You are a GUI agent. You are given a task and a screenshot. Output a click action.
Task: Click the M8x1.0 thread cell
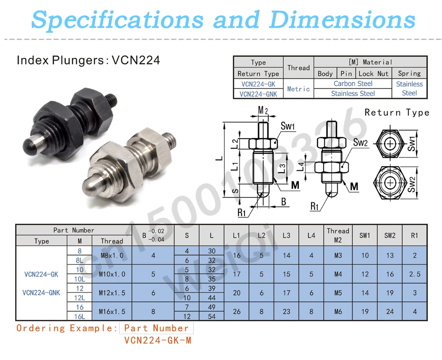point(112,255)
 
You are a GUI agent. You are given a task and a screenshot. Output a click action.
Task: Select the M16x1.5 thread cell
point(112,311)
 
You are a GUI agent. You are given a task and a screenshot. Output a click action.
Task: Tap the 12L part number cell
point(80,298)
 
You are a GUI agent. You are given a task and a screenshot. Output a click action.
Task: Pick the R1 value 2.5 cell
point(415,274)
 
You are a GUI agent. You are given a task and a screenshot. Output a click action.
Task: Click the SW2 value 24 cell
point(390,311)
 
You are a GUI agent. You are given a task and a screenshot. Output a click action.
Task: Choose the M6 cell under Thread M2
point(338,311)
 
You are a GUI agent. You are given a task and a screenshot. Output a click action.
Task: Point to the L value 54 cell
point(212,316)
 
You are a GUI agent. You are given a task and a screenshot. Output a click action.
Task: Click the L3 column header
point(286,235)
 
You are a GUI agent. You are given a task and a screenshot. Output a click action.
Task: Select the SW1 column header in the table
point(365,235)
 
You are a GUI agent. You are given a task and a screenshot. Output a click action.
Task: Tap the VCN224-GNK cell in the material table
point(258,94)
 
